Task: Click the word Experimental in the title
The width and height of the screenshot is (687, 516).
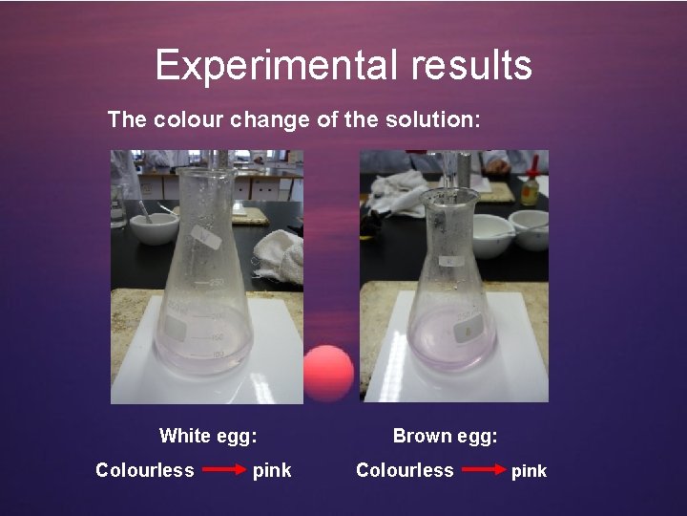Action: click(x=278, y=65)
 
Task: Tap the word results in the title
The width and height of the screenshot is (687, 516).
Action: click(x=471, y=65)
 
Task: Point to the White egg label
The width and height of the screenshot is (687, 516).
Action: click(x=207, y=436)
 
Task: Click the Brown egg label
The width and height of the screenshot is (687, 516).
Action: click(x=445, y=436)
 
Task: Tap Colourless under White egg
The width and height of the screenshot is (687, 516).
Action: click(x=144, y=469)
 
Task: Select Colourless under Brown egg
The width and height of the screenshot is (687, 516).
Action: click(x=404, y=469)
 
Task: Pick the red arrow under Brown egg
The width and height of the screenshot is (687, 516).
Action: click(x=483, y=470)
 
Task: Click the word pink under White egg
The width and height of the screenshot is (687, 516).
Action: click(x=272, y=470)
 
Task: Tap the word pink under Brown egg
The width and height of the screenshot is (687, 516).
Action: click(x=529, y=471)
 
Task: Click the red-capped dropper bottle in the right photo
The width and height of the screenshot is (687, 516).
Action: click(x=529, y=187)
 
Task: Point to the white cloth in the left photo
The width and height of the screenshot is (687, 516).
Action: click(x=280, y=255)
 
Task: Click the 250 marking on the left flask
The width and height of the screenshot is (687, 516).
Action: click(x=217, y=282)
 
